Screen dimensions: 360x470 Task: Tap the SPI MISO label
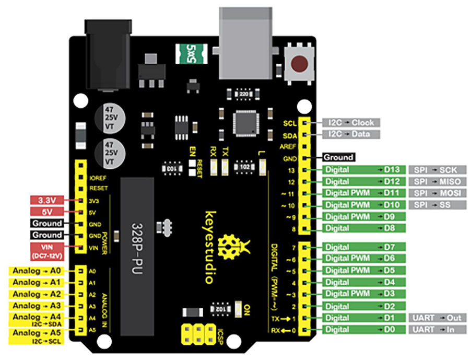438,181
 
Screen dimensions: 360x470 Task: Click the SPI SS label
438,204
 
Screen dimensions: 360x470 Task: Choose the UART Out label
438,318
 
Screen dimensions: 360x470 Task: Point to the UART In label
438,329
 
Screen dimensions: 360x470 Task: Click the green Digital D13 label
362,170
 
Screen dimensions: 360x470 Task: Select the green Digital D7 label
362,247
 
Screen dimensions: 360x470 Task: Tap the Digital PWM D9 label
362,216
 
